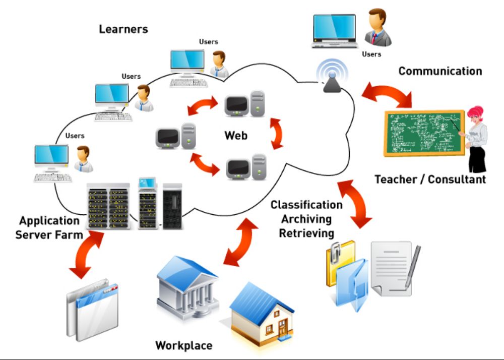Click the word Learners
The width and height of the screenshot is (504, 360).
(x=123, y=29)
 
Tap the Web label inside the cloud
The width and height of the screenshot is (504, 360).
(x=236, y=135)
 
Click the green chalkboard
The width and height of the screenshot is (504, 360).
(x=424, y=133)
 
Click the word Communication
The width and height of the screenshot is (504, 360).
(x=440, y=71)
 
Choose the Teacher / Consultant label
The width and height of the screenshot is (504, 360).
(x=430, y=179)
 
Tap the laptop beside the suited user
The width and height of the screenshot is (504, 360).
(x=335, y=31)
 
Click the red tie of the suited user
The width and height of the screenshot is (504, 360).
(x=374, y=38)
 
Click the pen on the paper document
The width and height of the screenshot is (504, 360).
(x=413, y=267)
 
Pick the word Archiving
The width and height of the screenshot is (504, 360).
(x=306, y=219)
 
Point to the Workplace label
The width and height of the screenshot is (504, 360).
(x=184, y=345)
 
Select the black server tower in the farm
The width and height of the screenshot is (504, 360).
(x=172, y=206)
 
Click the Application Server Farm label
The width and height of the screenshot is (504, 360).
(x=49, y=227)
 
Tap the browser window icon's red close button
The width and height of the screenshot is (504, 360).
(x=114, y=288)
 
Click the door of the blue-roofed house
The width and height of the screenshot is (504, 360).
(x=283, y=327)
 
